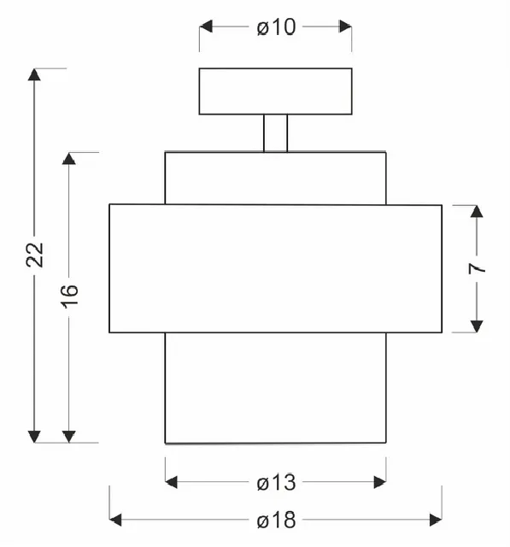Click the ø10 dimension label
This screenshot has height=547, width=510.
(x=276, y=26)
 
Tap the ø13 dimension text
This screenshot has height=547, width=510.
(x=276, y=483)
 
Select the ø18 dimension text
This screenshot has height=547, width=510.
(x=276, y=521)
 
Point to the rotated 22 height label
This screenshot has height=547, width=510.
(x=35, y=255)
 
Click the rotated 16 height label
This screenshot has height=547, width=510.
(x=70, y=297)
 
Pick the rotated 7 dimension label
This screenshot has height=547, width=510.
(x=477, y=268)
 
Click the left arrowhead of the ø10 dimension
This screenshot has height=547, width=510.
(x=206, y=26)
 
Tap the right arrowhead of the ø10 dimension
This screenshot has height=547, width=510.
(x=345, y=26)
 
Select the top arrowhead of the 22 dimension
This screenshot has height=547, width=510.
(x=34, y=74)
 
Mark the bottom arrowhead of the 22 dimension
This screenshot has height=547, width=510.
(x=34, y=437)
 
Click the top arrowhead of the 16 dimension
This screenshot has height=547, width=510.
(x=69, y=158)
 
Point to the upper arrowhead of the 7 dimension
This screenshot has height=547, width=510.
(x=477, y=211)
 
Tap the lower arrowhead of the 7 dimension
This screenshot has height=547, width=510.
(x=477, y=326)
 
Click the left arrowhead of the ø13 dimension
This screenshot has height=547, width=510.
(x=171, y=482)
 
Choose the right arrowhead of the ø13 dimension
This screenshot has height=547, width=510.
(x=379, y=482)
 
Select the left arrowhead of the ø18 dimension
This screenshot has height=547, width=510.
(x=115, y=520)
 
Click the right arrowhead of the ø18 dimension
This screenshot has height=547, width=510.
(x=436, y=520)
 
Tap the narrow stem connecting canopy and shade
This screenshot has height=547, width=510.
(x=275, y=133)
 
